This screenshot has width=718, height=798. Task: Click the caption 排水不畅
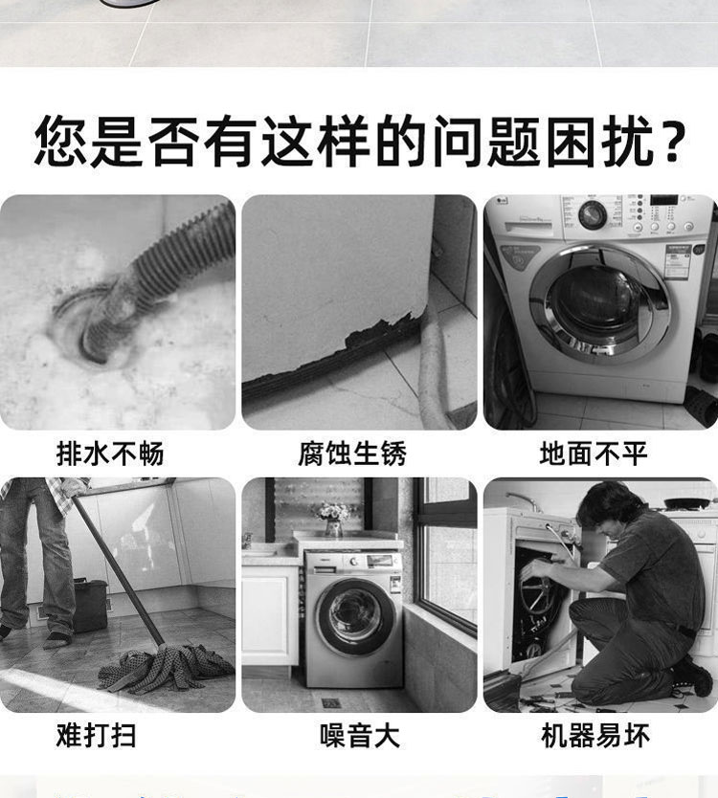[x=110, y=454]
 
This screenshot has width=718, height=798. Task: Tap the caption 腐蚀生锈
[x=352, y=454]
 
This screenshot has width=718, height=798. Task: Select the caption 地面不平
[x=594, y=454]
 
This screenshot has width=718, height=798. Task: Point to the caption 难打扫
[x=97, y=736]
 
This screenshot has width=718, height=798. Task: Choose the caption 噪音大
[x=360, y=736]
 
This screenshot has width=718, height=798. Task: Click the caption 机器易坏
[x=595, y=736]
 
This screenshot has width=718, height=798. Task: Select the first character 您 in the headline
[x=60, y=142]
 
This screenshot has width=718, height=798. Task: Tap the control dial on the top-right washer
[x=593, y=214]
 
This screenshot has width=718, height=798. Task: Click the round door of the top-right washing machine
[x=599, y=304]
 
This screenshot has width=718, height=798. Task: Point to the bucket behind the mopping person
[x=91, y=605]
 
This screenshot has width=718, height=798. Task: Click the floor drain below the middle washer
[x=331, y=703]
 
